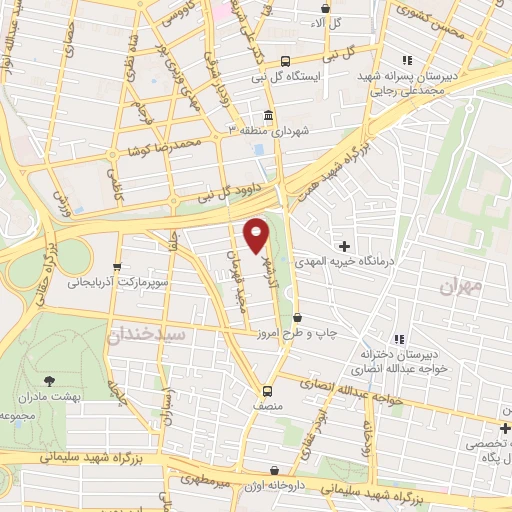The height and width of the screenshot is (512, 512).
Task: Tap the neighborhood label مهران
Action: (461, 285)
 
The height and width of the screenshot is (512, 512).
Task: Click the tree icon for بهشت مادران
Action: (50, 380)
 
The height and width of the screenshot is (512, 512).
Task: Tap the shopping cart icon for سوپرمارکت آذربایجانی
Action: (118, 267)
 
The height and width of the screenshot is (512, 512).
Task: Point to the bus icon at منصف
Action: (267, 391)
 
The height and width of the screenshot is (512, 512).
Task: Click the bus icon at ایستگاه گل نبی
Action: (286, 60)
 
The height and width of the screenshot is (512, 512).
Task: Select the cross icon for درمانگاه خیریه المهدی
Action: (345, 246)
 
